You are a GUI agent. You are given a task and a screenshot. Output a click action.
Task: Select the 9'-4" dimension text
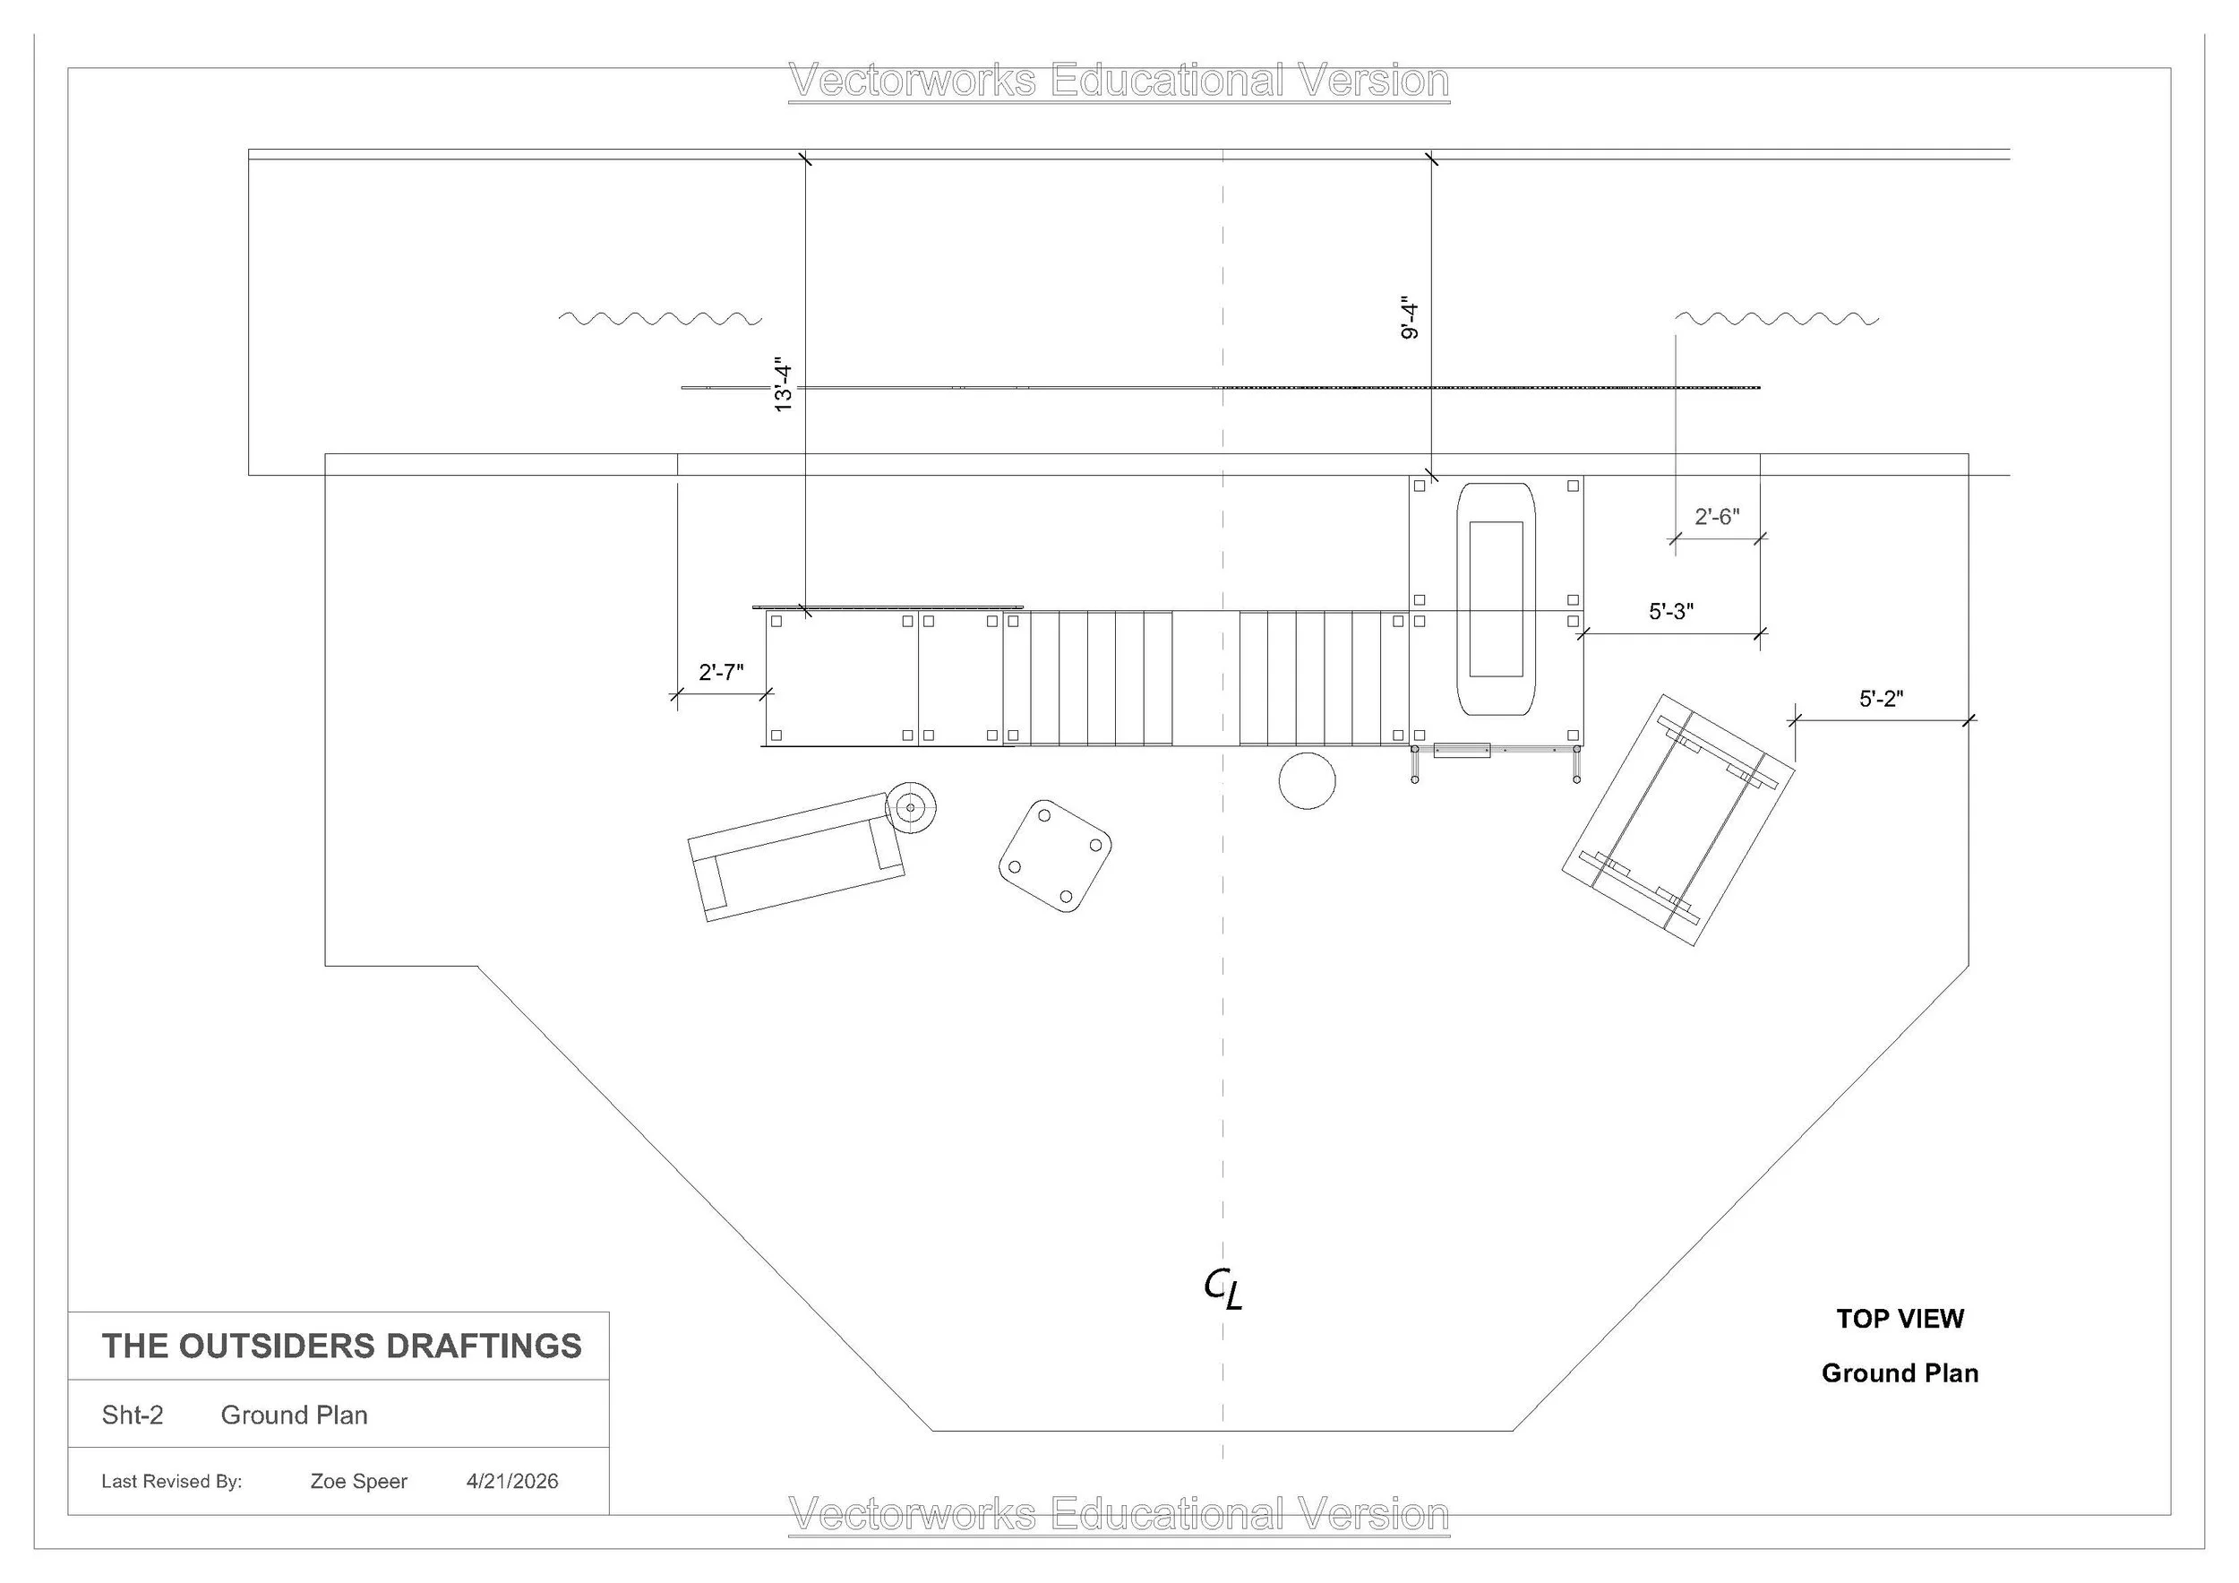tap(1410, 317)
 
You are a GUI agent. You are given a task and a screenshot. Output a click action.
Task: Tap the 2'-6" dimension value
tap(1716, 516)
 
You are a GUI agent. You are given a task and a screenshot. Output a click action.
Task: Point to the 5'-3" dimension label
tap(1671, 612)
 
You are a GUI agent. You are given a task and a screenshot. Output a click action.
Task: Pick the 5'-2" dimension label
tap(1881, 699)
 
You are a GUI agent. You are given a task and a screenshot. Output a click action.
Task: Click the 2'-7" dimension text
tap(721, 672)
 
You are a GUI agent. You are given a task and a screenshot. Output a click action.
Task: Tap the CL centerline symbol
tap(1222, 1288)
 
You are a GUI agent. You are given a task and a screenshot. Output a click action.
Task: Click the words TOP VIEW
tap(1900, 1319)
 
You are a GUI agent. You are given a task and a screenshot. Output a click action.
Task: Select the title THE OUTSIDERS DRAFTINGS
tap(342, 1346)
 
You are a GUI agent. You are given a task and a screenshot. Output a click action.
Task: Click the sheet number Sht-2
tap(133, 1415)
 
